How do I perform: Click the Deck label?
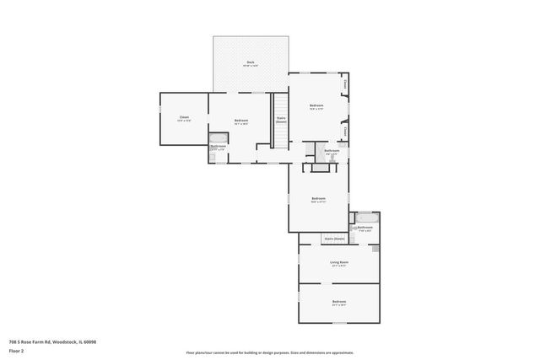click(x=251, y=63)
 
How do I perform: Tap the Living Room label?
click(x=339, y=262)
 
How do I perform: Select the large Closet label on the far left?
click(x=184, y=119)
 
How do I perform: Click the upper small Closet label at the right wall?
click(x=345, y=84)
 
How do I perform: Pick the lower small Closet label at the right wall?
click(x=345, y=131)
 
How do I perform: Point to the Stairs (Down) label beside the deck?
click(x=281, y=121)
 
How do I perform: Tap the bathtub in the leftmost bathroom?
click(x=218, y=139)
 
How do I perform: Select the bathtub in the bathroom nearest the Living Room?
click(x=366, y=218)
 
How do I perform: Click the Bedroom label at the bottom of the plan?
click(x=339, y=302)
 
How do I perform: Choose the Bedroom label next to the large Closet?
click(x=241, y=121)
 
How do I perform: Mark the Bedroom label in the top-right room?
click(x=316, y=106)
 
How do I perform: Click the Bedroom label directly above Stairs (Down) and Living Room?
click(x=318, y=200)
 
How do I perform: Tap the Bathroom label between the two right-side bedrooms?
click(x=332, y=152)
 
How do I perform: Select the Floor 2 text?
click(x=17, y=350)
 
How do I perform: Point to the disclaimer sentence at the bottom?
click(x=270, y=352)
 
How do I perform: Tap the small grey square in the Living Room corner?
click(x=375, y=250)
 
